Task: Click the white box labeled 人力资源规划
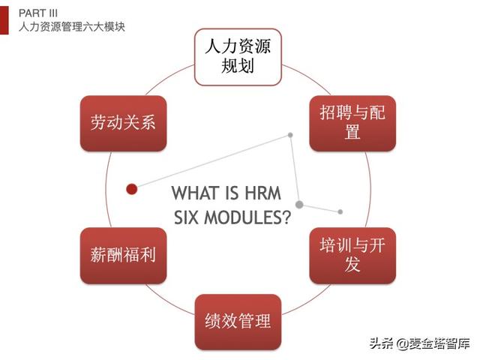pyautogui.click(x=238, y=57)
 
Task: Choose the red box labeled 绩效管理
pyautogui.click(x=238, y=322)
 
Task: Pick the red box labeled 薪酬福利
pyautogui.click(x=123, y=256)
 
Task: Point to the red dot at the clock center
pyautogui.click(x=132, y=189)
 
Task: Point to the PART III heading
pyautogui.click(x=38, y=13)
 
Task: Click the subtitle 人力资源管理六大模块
pyautogui.click(x=72, y=26)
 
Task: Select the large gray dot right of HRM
pyautogui.click(x=299, y=204)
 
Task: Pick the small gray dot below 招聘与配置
pyautogui.click(x=290, y=135)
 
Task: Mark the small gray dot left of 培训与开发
pyautogui.click(x=340, y=212)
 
